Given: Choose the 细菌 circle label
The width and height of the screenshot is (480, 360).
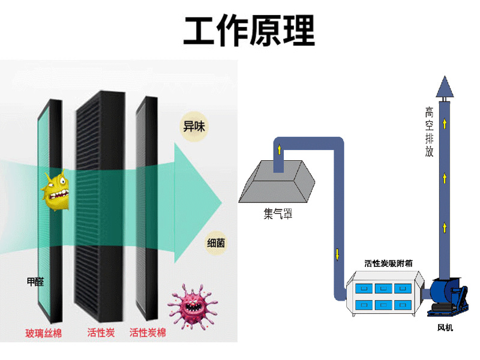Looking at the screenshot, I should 217,244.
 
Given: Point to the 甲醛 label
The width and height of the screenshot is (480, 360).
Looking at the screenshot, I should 35,281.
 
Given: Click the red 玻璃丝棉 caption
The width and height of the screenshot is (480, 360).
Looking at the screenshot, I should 43,332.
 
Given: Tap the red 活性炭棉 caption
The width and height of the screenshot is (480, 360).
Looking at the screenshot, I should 148,332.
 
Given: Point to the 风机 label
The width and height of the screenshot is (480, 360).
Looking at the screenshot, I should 445,328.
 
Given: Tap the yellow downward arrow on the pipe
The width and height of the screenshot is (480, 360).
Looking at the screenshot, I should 338,253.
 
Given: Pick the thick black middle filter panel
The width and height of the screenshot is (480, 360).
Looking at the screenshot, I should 99,204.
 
